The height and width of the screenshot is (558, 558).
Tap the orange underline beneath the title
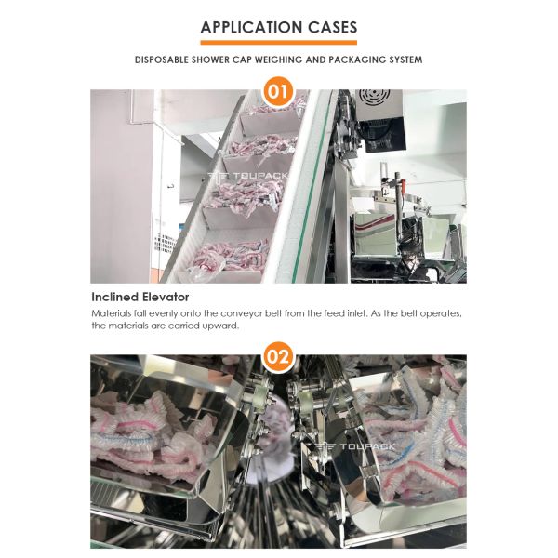279,43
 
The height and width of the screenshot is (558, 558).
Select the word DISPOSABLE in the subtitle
161,60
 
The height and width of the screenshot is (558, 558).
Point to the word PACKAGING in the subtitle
357,60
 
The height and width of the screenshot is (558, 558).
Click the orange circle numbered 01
278,91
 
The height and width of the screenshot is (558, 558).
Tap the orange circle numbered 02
278,357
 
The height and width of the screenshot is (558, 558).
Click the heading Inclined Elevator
140,297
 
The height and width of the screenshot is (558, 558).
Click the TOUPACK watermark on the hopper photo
355,446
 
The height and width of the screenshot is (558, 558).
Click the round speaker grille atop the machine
371,96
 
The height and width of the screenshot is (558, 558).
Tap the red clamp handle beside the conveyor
402,185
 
